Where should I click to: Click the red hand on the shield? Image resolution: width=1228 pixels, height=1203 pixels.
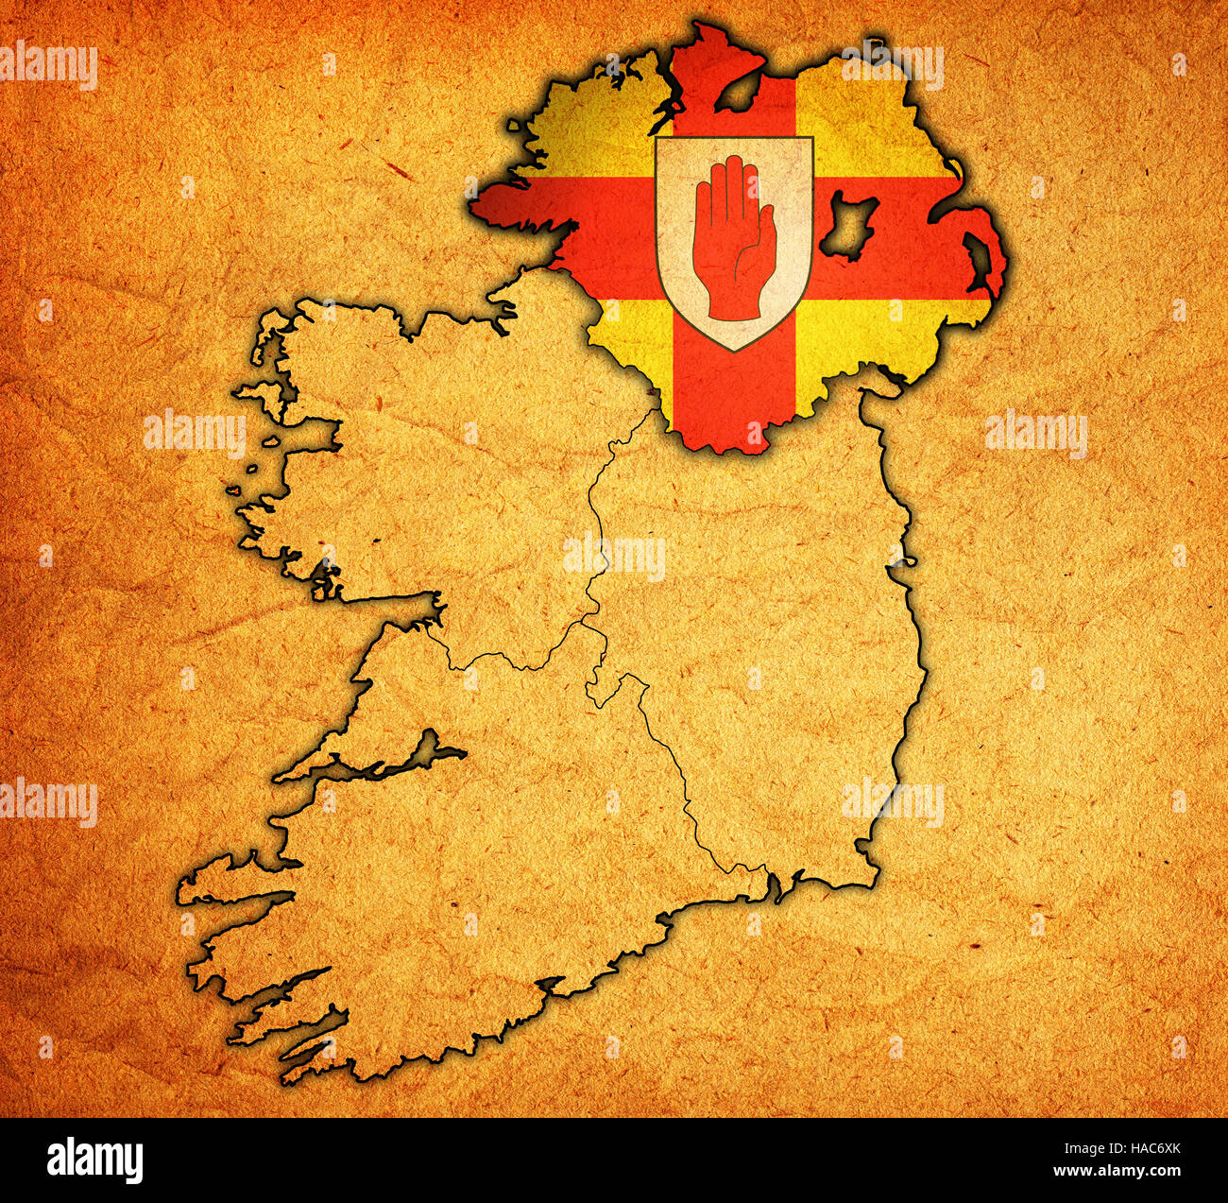point(733,241)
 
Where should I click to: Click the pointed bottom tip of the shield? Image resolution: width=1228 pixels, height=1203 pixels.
point(734,350)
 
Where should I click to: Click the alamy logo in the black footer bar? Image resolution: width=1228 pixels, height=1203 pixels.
point(94,1160)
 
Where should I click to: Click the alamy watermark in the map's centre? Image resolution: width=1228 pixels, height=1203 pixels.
point(614,558)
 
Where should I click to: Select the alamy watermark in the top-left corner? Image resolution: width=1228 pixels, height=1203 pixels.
point(49,66)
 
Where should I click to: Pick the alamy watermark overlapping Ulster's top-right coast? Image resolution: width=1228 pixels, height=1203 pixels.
point(893,66)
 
